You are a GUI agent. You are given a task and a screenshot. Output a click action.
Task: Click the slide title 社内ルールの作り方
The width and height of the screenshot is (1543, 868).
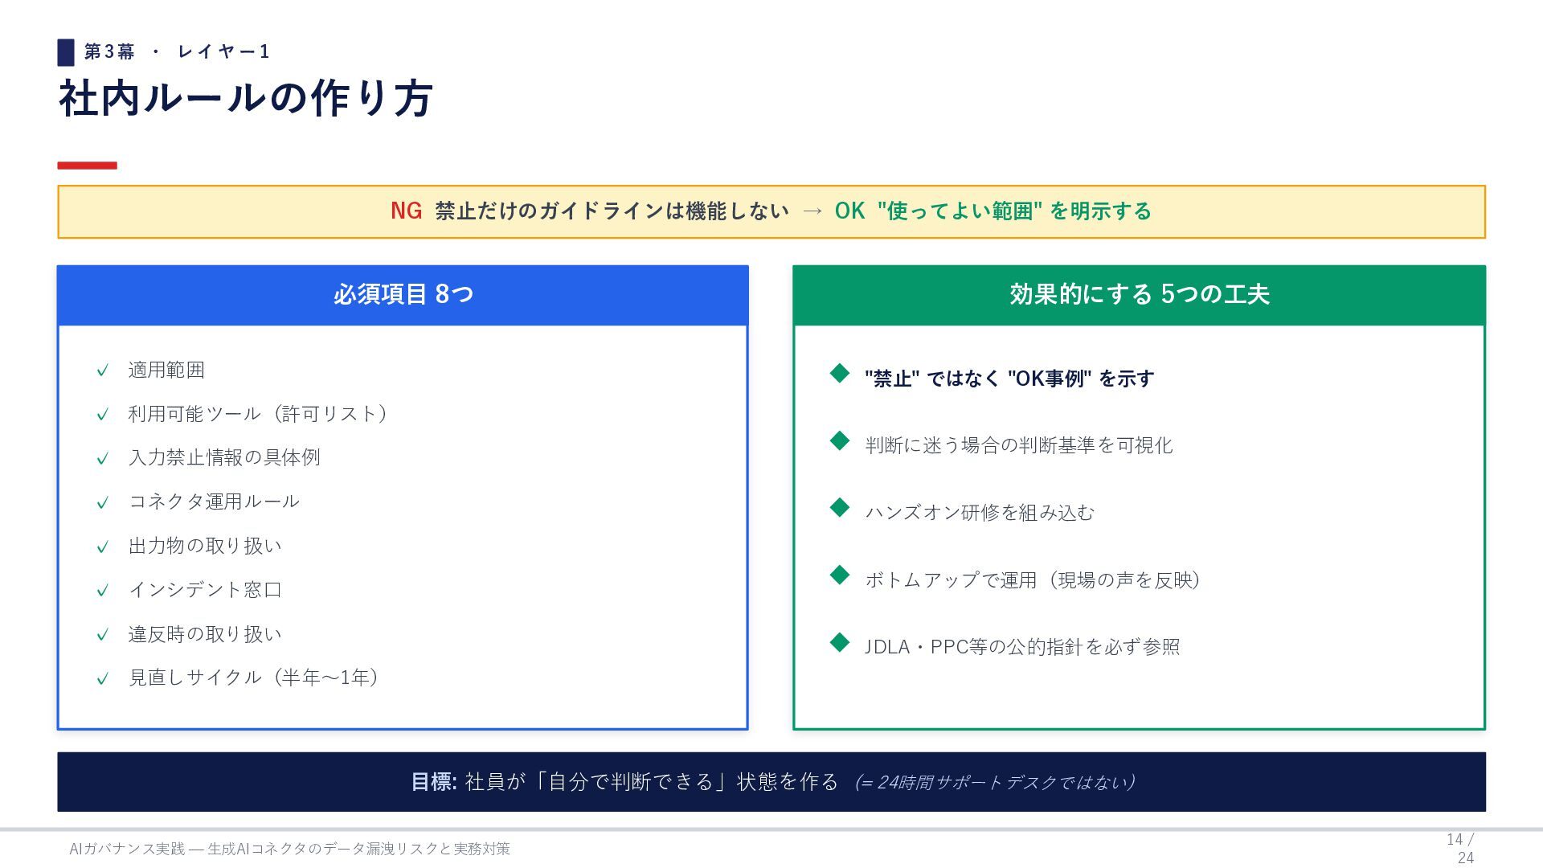[x=246, y=98]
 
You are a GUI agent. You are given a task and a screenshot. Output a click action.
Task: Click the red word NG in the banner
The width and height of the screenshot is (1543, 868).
[x=406, y=211]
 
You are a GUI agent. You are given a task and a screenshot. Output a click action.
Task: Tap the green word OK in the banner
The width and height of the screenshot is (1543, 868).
[x=849, y=211]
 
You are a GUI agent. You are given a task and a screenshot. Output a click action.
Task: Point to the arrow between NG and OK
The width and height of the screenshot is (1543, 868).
[x=812, y=211]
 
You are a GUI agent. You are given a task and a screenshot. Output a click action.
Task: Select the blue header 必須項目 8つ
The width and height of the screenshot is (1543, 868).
[x=403, y=295]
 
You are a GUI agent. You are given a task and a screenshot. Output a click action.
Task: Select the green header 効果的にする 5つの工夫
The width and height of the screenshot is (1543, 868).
[x=1139, y=295]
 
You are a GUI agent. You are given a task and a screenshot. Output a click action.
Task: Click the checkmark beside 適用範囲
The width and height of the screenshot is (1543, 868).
[x=102, y=371]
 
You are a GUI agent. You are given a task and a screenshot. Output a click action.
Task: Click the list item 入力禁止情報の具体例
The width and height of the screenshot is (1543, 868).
[x=224, y=457]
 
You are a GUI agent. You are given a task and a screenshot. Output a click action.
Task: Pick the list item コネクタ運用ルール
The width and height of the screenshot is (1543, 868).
[x=214, y=502]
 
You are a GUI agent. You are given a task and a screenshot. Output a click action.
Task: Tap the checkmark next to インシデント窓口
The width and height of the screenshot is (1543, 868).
[x=102, y=591]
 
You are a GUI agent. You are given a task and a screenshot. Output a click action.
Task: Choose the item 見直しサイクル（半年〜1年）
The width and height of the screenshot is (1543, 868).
[x=254, y=678]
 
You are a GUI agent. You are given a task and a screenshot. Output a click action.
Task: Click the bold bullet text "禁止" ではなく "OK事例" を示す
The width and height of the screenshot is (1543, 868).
[x=1009, y=379]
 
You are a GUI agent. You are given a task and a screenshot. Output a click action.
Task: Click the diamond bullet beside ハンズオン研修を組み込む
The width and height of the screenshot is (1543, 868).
[x=840, y=507]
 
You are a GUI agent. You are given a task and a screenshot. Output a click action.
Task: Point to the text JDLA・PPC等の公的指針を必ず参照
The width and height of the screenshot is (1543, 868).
[x=1022, y=647]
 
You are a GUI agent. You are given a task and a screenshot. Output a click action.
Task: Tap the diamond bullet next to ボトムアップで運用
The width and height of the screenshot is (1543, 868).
[x=840, y=575]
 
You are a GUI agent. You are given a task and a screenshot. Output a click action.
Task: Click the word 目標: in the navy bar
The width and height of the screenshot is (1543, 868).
[x=434, y=782]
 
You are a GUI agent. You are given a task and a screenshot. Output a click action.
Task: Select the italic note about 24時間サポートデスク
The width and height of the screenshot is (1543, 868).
[x=995, y=783]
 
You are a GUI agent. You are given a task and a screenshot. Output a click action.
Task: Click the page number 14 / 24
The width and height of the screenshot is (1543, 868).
[x=1461, y=849]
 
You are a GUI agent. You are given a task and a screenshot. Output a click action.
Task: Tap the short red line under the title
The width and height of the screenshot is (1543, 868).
[x=87, y=166]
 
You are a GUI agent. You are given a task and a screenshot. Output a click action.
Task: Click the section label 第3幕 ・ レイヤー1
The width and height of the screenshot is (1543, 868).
[x=176, y=52]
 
